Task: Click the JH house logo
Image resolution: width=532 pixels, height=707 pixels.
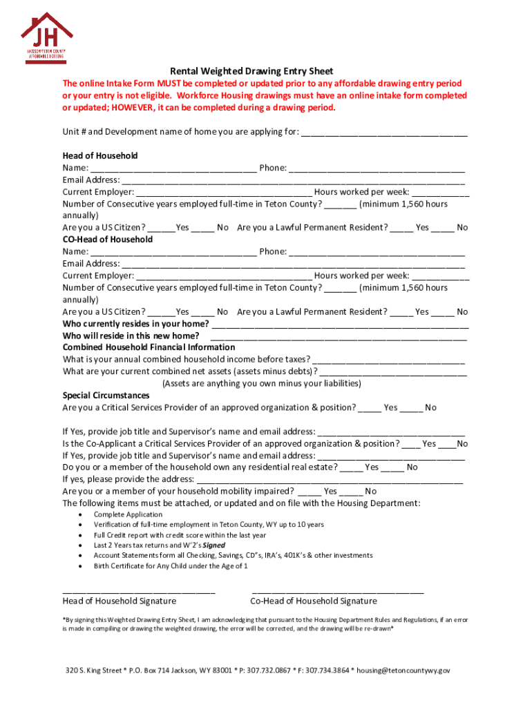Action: pyautogui.click(x=47, y=35)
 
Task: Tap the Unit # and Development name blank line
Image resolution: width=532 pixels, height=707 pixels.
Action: pyautogui.click(x=384, y=133)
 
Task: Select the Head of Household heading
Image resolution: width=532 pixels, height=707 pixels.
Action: pyautogui.click(x=100, y=155)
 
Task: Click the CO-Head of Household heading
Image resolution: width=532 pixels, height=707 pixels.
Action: pyautogui.click(x=108, y=240)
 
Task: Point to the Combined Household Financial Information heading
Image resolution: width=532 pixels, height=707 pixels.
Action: pyautogui.click(x=149, y=347)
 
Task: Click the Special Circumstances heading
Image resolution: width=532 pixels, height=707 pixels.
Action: pyautogui.click(x=106, y=396)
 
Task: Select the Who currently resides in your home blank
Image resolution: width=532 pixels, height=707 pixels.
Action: pyautogui.click(x=340, y=325)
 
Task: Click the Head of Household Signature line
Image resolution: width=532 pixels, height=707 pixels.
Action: pyautogui.click(x=138, y=592)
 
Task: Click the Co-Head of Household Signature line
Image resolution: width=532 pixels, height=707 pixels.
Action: pyautogui.click(x=338, y=592)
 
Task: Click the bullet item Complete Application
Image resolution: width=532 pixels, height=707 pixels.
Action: pyautogui.click(x=129, y=514)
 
